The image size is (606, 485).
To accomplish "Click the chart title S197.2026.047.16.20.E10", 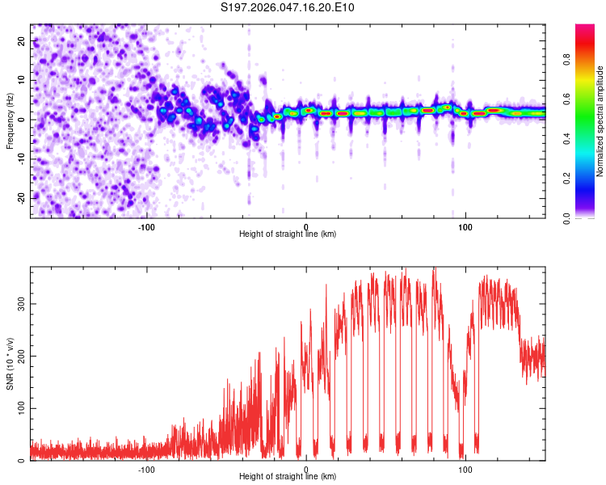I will [x=288, y=8].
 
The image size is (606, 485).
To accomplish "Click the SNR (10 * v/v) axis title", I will [x=11, y=363].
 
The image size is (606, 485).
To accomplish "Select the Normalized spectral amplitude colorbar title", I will [x=600, y=121].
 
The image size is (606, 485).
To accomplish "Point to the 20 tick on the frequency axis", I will [x=23, y=41].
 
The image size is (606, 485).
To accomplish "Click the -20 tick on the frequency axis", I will [x=21, y=198].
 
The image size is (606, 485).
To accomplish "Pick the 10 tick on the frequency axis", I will [x=23, y=80].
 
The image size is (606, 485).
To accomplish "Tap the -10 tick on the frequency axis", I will [x=21, y=159].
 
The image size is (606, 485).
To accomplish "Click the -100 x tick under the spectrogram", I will [x=146, y=226].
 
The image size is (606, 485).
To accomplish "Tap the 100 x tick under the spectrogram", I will [x=465, y=226].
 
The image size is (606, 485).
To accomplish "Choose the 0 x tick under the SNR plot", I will [x=306, y=469].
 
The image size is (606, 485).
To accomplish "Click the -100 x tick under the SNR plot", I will [x=146, y=469].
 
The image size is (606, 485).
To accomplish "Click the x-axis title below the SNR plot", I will [x=288, y=478].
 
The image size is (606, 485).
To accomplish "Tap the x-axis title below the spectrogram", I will [x=288, y=234].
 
